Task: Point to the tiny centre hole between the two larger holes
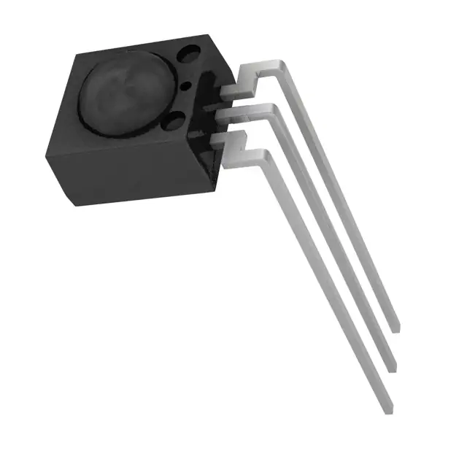point(185,86)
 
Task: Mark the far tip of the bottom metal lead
point(388,409)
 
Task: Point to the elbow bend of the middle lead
point(271,110)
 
